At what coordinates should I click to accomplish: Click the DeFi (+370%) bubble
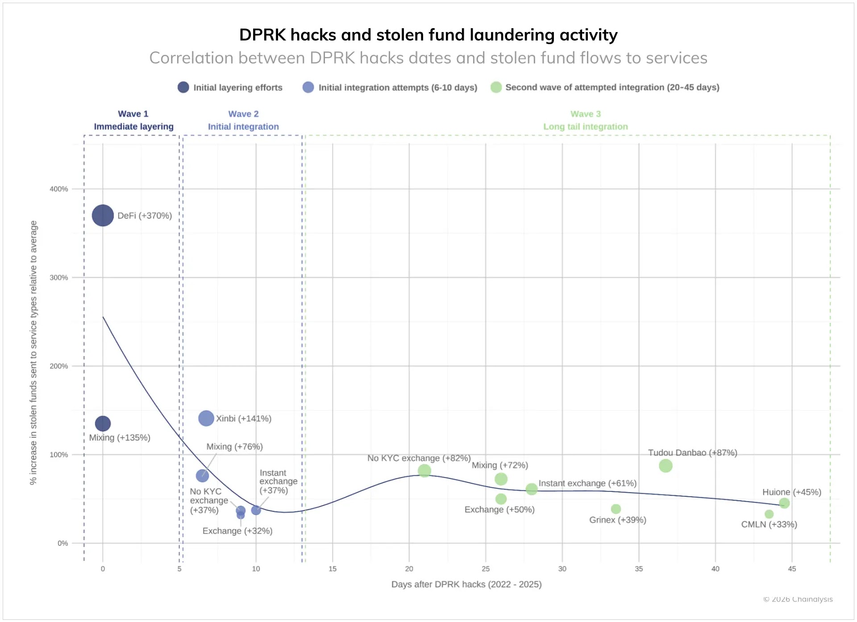click(x=103, y=216)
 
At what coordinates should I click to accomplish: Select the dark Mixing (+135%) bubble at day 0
click(x=103, y=424)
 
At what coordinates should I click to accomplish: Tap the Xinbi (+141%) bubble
click(x=206, y=418)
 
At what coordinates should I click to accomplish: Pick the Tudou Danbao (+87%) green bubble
click(x=666, y=466)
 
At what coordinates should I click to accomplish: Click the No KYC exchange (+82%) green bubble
click(x=424, y=470)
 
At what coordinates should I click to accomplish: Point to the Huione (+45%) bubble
click(x=784, y=503)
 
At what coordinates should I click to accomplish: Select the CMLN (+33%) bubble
click(x=769, y=514)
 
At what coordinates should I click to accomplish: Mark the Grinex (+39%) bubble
click(x=616, y=509)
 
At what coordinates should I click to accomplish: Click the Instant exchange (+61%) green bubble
click(x=532, y=489)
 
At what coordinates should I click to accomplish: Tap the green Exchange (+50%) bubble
click(x=501, y=499)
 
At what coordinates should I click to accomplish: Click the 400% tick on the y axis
click(x=59, y=189)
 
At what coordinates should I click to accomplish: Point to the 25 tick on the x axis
click(x=486, y=569)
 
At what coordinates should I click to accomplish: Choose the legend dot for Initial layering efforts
click(x=183, y=87)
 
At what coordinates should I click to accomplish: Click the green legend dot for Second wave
click(x=496, y=87)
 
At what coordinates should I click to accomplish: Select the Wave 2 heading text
click(x=243, y=114)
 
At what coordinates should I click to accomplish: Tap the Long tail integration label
click(x=585, y=127)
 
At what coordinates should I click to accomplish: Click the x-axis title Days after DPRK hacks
click(x=466, y=585)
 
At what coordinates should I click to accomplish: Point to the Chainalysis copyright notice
click(x=798, y=599)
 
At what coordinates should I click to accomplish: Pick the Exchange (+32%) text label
click(x=237, y=531)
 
